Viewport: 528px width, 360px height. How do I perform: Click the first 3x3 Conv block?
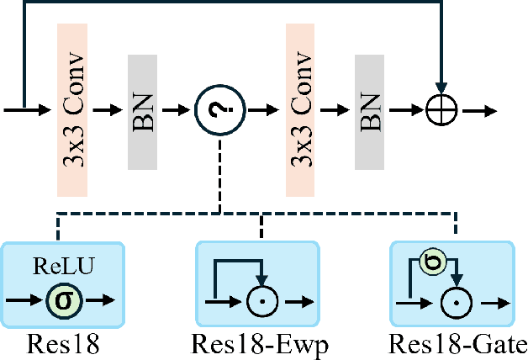tap(72, 109)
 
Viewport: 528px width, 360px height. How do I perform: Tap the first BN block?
tap(142, 110)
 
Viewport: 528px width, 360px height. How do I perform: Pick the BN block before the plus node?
tap(371, 110)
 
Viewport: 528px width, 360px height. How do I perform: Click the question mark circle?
tap(219, 110)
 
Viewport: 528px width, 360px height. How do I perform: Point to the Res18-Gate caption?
tap(458, 345)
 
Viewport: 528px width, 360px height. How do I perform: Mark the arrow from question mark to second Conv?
tap(261, 110)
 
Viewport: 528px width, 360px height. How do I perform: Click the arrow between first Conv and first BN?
tap(108, 110)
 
